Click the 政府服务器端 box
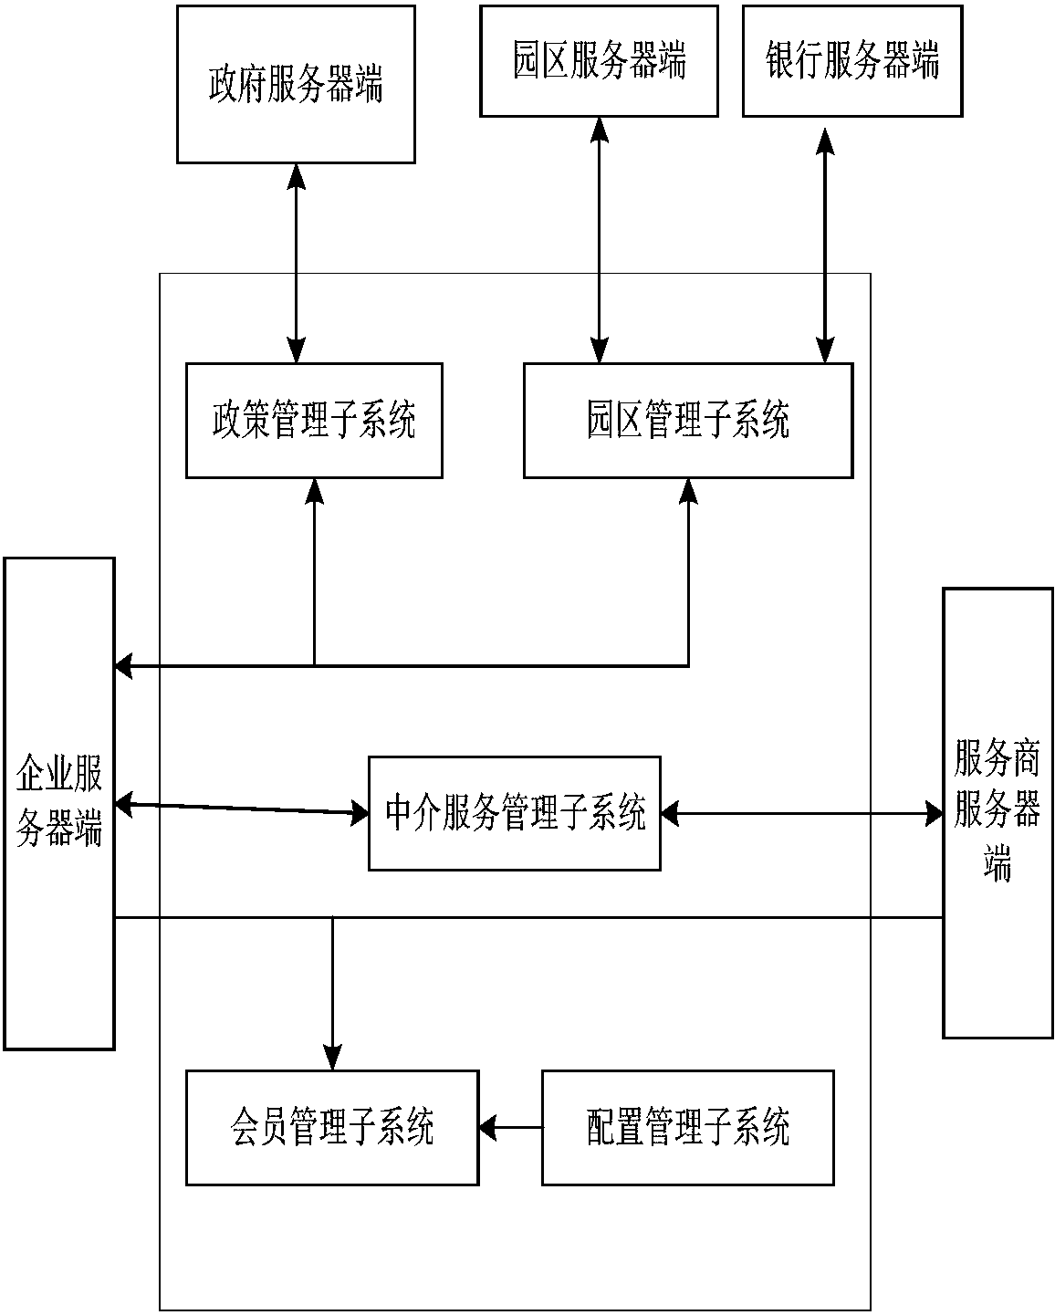click(296, 84)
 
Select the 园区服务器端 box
click(599, 61)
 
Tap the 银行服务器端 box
click(852, 61)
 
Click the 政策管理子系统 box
click(314, 421)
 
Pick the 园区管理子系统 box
click(688, 421)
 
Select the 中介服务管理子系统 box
click(515, 813)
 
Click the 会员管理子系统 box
click(332, 1128)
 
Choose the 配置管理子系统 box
click(688, 1128)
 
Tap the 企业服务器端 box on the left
click(59, 803)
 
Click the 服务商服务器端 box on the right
click(998, 812)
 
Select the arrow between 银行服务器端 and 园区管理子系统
click(826, 242)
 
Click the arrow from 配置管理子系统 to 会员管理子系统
click(510, 1128)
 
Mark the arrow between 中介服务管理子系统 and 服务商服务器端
click(801, 813)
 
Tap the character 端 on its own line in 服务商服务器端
click(998, 862)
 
